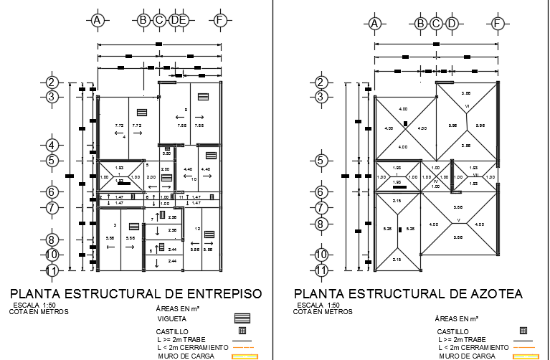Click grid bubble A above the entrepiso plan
[98, 20]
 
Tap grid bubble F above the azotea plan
[498, 24]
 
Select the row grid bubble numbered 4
[51, 145]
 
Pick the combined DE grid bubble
[179, 20]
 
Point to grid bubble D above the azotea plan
[452, 24]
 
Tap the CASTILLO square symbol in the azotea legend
[523, 331]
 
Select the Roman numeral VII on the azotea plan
[475, 176]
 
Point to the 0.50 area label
[166, 153]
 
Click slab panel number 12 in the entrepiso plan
[196, 229]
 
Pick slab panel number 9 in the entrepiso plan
[185, 110]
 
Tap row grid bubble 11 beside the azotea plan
[322, 270]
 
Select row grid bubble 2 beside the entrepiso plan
[51, 82]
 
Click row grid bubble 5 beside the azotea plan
[322, 161]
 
